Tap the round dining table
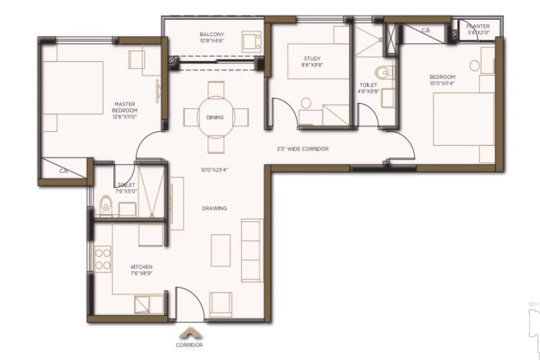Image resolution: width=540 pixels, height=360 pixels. click(x=215, y=117)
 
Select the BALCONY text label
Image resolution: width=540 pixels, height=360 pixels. click(x=211, y=37)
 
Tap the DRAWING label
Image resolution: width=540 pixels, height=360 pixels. click(x=214, y=208)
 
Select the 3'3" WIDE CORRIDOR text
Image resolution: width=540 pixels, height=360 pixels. click(x=302, y=149)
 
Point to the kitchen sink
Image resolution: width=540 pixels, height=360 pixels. click(x=145, y=305)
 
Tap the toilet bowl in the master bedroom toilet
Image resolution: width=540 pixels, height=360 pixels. click(x=105, y=205)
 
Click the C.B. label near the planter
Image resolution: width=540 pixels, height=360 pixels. click(x=425, y=31)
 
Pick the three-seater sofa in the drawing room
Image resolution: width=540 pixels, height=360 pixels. click(x=252, y=250)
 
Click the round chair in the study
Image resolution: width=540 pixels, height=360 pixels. click(x=306, y=103)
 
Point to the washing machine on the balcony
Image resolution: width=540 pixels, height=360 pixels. click(x=251, y=40)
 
